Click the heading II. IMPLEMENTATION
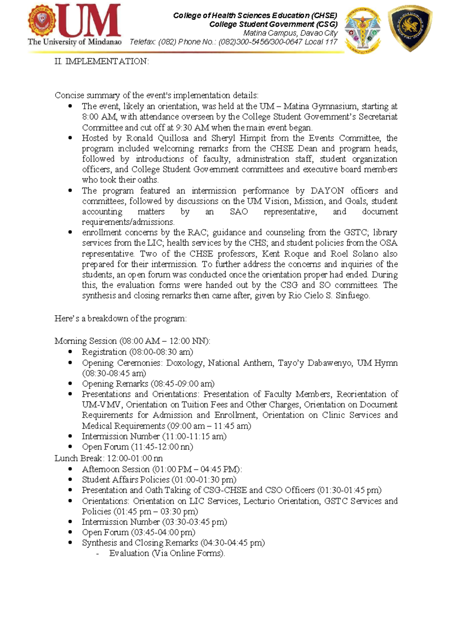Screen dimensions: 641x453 pyautogui.click(x=102, y=61)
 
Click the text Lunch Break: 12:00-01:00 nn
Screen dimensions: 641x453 pyautogui.click(x=108, y=458)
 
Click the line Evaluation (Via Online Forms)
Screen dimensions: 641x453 pyautogui.click(x=167, y=553)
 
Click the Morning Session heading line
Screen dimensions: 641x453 pyautogui.click(x=132, y=341)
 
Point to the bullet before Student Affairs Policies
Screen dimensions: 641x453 pyautogui.click(x=70, y=479)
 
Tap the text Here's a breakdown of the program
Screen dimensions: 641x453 pyautogui.click(x=120, y=319)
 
